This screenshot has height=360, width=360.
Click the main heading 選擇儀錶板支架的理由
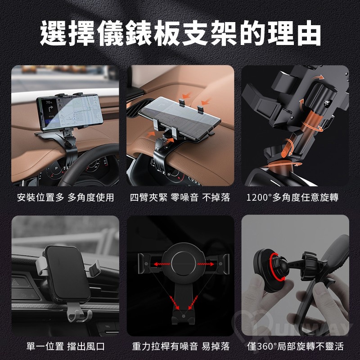(x=180, y=33)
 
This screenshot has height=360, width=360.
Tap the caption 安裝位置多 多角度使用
(x=65, y=198)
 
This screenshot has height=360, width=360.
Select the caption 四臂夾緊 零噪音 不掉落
(x=180, y=198)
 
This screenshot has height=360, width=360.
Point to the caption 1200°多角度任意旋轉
(x=292, y=198)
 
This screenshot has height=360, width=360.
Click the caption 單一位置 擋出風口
(x=65, y=346)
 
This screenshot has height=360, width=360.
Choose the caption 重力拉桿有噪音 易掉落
(x=181, y=346)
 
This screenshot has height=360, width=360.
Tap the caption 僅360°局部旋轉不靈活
(x=295, y=346)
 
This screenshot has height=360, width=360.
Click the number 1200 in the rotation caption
(x=257, y=198)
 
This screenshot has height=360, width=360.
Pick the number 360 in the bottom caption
(x=264, y=346)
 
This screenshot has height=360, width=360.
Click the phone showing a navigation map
(x=70, y=112)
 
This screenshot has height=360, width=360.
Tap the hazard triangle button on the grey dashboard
(x=16, y=282)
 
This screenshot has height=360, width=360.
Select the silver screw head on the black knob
(x=327, y=103)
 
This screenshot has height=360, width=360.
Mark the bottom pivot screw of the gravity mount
(x=183, y=316)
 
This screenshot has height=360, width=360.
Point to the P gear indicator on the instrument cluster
(x=57, y=168)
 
